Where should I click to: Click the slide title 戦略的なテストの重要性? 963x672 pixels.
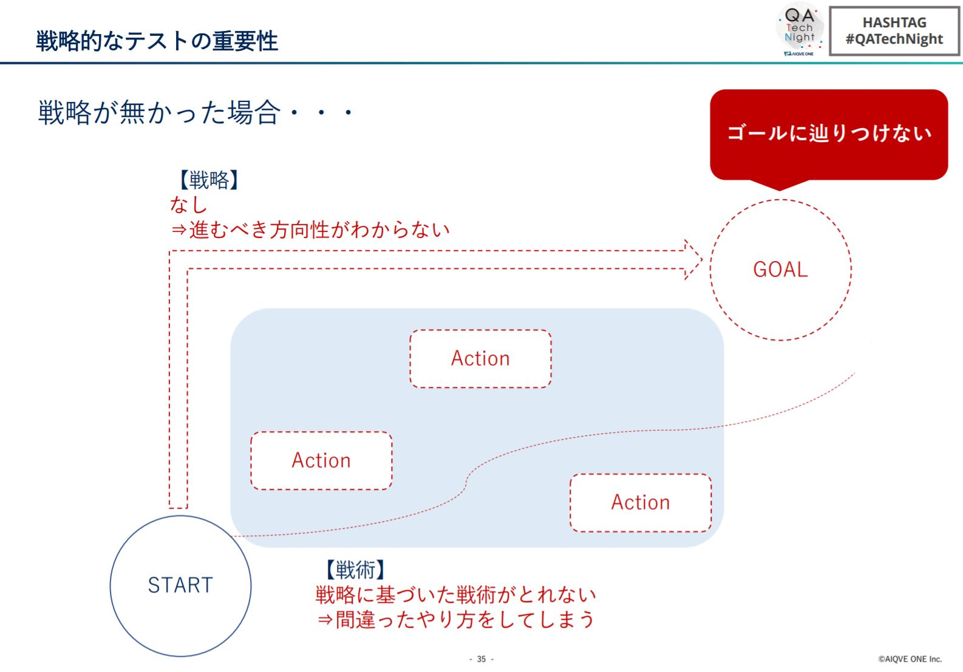(x=157, y=41)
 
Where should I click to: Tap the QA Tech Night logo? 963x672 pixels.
(x=800, y=29)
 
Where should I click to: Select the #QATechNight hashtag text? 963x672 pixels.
(x=894, y=39)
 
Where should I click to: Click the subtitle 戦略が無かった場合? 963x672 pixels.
(x=160, y=112)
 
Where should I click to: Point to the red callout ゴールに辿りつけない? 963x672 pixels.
(x=829, y=134)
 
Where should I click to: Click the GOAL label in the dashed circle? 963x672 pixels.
(x=780, y=270)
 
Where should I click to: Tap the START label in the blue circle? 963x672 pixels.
(x=180, y=585)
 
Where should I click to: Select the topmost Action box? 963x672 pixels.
(x=481, y=359)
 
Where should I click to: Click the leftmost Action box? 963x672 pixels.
(x=321, y=461)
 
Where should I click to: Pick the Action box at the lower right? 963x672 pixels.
(x=641, y=503)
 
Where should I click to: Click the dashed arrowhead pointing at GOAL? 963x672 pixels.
(x=693, y=260)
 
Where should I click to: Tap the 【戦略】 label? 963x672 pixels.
(x=208, y=180)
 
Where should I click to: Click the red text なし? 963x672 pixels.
(x=189, y=205)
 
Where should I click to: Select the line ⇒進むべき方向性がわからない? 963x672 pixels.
(x=310, y=229)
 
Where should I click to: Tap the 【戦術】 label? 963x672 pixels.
(x=355, y=570)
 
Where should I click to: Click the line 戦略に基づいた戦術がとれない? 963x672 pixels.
(x=456, y=595)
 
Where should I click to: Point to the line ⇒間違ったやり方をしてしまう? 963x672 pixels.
(x=456, y=620)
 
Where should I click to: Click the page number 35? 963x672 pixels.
(x=481, y=659)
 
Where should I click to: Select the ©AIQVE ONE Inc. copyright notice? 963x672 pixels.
(x=910, y=659)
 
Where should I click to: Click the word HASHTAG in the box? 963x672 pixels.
(x=894, y=23)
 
